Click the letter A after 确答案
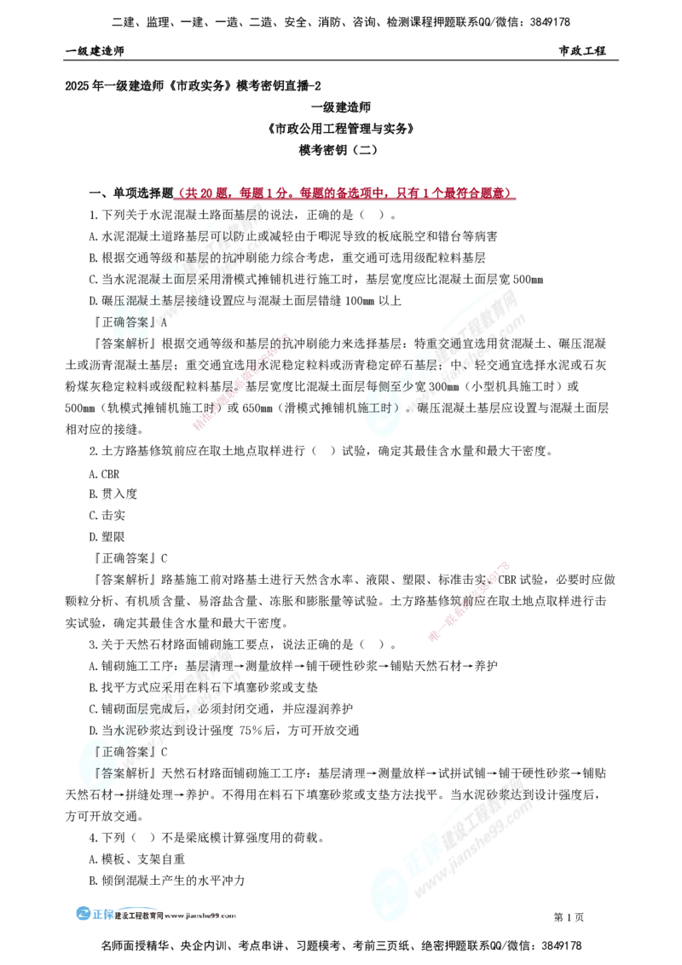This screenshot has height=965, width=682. pyautogui.click(x=165, y=323)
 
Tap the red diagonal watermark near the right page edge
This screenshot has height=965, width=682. pyautogui.click(x=470, y=601)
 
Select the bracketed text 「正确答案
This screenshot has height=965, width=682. pyautogui.click(x=119, y=752)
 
